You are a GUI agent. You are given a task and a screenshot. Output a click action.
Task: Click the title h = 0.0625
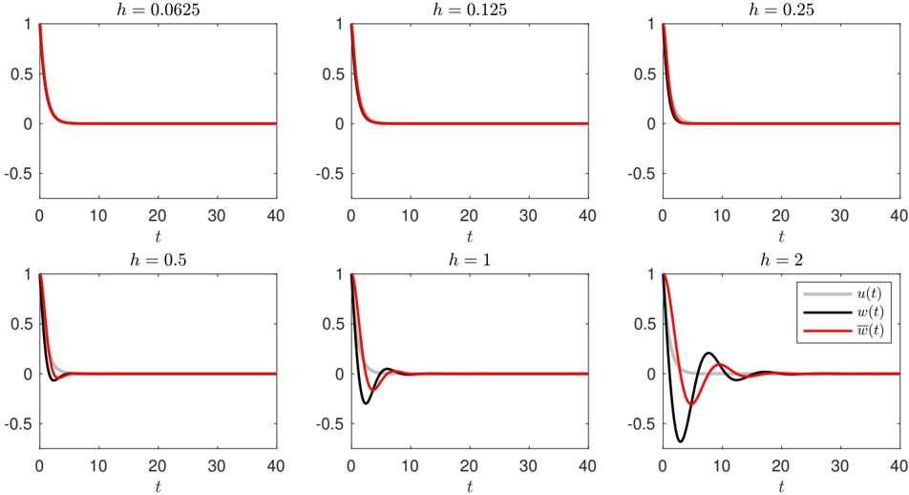point(158,9)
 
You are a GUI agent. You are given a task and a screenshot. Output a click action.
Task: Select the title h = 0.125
point(469,9)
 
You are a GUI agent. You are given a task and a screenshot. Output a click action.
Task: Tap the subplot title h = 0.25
point(780,9)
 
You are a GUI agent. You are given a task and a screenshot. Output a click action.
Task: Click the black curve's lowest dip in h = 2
point(680,441)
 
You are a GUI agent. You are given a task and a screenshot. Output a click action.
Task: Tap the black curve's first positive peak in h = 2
point(709,353)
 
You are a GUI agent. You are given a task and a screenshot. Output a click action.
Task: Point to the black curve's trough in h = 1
point(366,403)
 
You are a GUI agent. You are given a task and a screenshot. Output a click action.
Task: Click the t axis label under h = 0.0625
point(158,235)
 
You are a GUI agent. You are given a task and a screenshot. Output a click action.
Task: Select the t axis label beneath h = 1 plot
point(469,485)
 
